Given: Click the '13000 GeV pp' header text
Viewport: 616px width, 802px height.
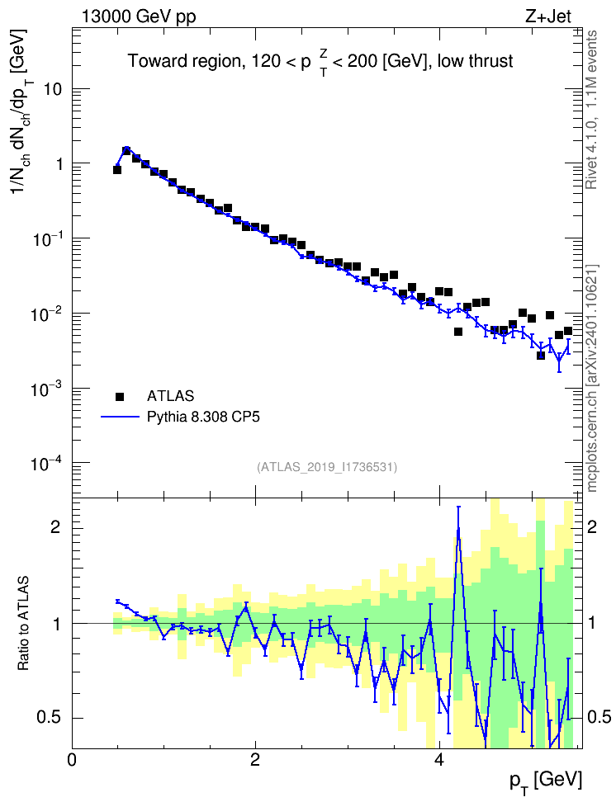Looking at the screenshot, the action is point(139,17).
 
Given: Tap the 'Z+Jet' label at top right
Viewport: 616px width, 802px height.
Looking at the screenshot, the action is point(548,17).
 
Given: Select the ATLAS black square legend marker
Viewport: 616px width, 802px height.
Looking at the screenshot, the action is point(120,396).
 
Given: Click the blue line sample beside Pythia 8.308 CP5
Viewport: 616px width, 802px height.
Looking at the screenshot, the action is point(120,417).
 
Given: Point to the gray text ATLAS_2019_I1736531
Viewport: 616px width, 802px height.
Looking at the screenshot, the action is point(327,466).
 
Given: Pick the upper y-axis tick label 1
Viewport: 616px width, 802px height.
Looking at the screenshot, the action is point(57,165).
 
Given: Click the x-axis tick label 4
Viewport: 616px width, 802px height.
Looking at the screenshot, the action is point(438,759).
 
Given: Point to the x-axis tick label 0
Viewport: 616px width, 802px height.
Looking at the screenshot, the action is point(72,759).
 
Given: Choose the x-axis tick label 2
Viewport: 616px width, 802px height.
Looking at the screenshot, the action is point(255,759).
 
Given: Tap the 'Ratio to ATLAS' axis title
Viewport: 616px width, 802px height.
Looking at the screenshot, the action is point(23,623).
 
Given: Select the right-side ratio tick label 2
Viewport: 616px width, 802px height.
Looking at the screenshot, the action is point(592,527).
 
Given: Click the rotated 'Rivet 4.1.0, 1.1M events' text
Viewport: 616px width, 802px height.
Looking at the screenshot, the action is point(591,110).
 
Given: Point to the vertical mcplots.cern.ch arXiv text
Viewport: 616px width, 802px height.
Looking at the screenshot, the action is point(592,379).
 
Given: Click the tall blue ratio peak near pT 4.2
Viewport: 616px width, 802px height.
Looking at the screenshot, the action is point(458,530).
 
